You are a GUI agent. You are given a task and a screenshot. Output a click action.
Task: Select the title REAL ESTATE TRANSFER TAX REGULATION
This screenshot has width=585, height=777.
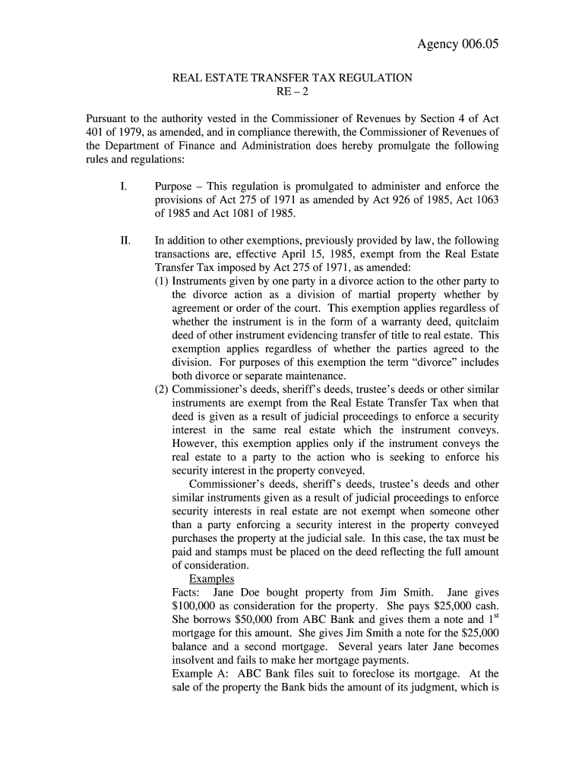tap(292, 78)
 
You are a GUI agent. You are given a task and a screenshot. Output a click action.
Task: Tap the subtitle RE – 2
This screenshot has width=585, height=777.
tap(292, 92)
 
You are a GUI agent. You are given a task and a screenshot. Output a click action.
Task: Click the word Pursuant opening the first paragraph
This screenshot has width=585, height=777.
tap(109, 120)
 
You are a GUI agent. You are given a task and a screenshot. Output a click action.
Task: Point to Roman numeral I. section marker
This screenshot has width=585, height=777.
tap(123, 187)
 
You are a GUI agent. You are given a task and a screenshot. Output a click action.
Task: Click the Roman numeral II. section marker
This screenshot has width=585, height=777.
tap(125, 241)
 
